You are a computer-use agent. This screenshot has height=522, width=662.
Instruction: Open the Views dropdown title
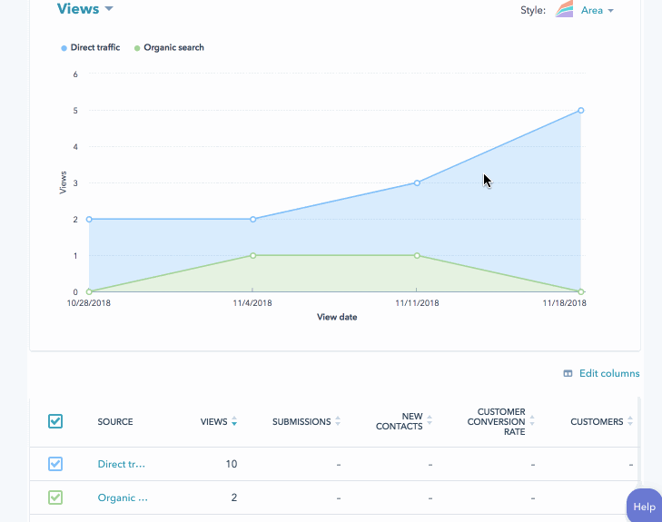click(84, 9)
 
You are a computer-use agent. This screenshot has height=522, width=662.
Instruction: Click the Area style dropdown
click(597, 11)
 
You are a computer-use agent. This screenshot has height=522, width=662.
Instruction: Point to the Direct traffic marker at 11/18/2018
click(580, 111)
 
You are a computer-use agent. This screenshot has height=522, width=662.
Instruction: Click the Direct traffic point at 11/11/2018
click(417, 182)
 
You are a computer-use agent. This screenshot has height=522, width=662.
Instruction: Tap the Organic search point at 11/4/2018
click(252, 255)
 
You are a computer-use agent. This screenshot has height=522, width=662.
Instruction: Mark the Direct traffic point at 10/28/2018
click(89, 219)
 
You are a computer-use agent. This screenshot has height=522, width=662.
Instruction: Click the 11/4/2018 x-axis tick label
click(252, 303)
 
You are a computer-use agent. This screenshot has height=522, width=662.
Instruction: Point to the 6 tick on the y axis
click(75, 74)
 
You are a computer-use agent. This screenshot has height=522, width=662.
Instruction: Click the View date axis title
click(336, 318)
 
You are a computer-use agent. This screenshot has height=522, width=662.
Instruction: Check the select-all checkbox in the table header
click(55, 421)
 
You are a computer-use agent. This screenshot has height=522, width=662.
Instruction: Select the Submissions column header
click(302, 421)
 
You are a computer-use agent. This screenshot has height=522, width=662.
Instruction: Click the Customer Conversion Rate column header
click(496, 421)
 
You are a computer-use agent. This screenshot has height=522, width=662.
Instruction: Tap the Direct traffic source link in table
click(121, 464)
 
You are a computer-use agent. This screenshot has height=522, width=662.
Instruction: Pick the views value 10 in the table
click(231, 464)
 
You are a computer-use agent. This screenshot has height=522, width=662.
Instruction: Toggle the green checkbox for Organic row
click(55, 497)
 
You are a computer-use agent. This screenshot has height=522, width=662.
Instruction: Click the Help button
click(644, 507)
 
